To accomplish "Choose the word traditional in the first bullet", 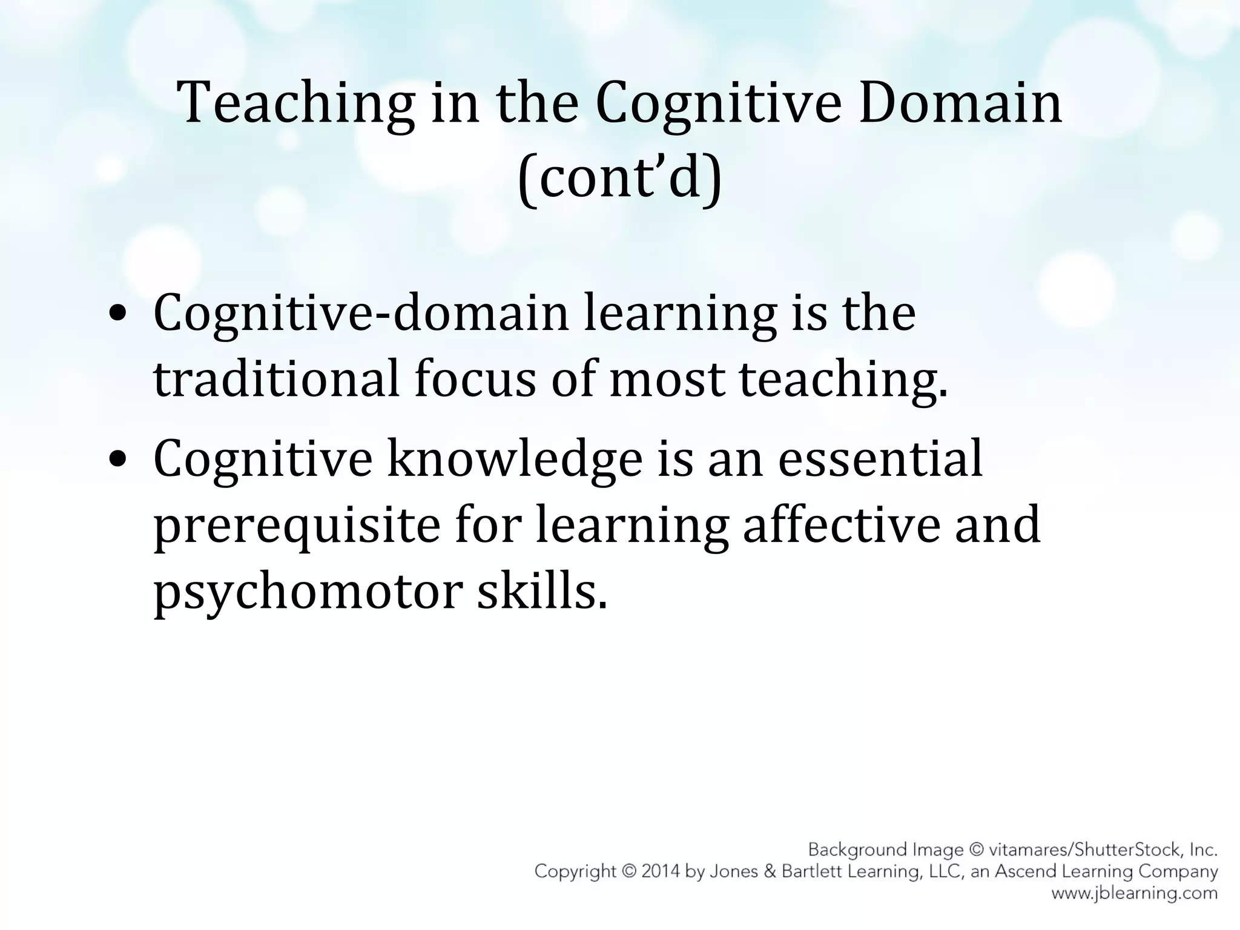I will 276,380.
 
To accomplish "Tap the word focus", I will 475,380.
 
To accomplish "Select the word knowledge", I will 514,460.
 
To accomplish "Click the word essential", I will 880,460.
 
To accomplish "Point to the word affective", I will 842,526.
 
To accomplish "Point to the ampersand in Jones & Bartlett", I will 769,872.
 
